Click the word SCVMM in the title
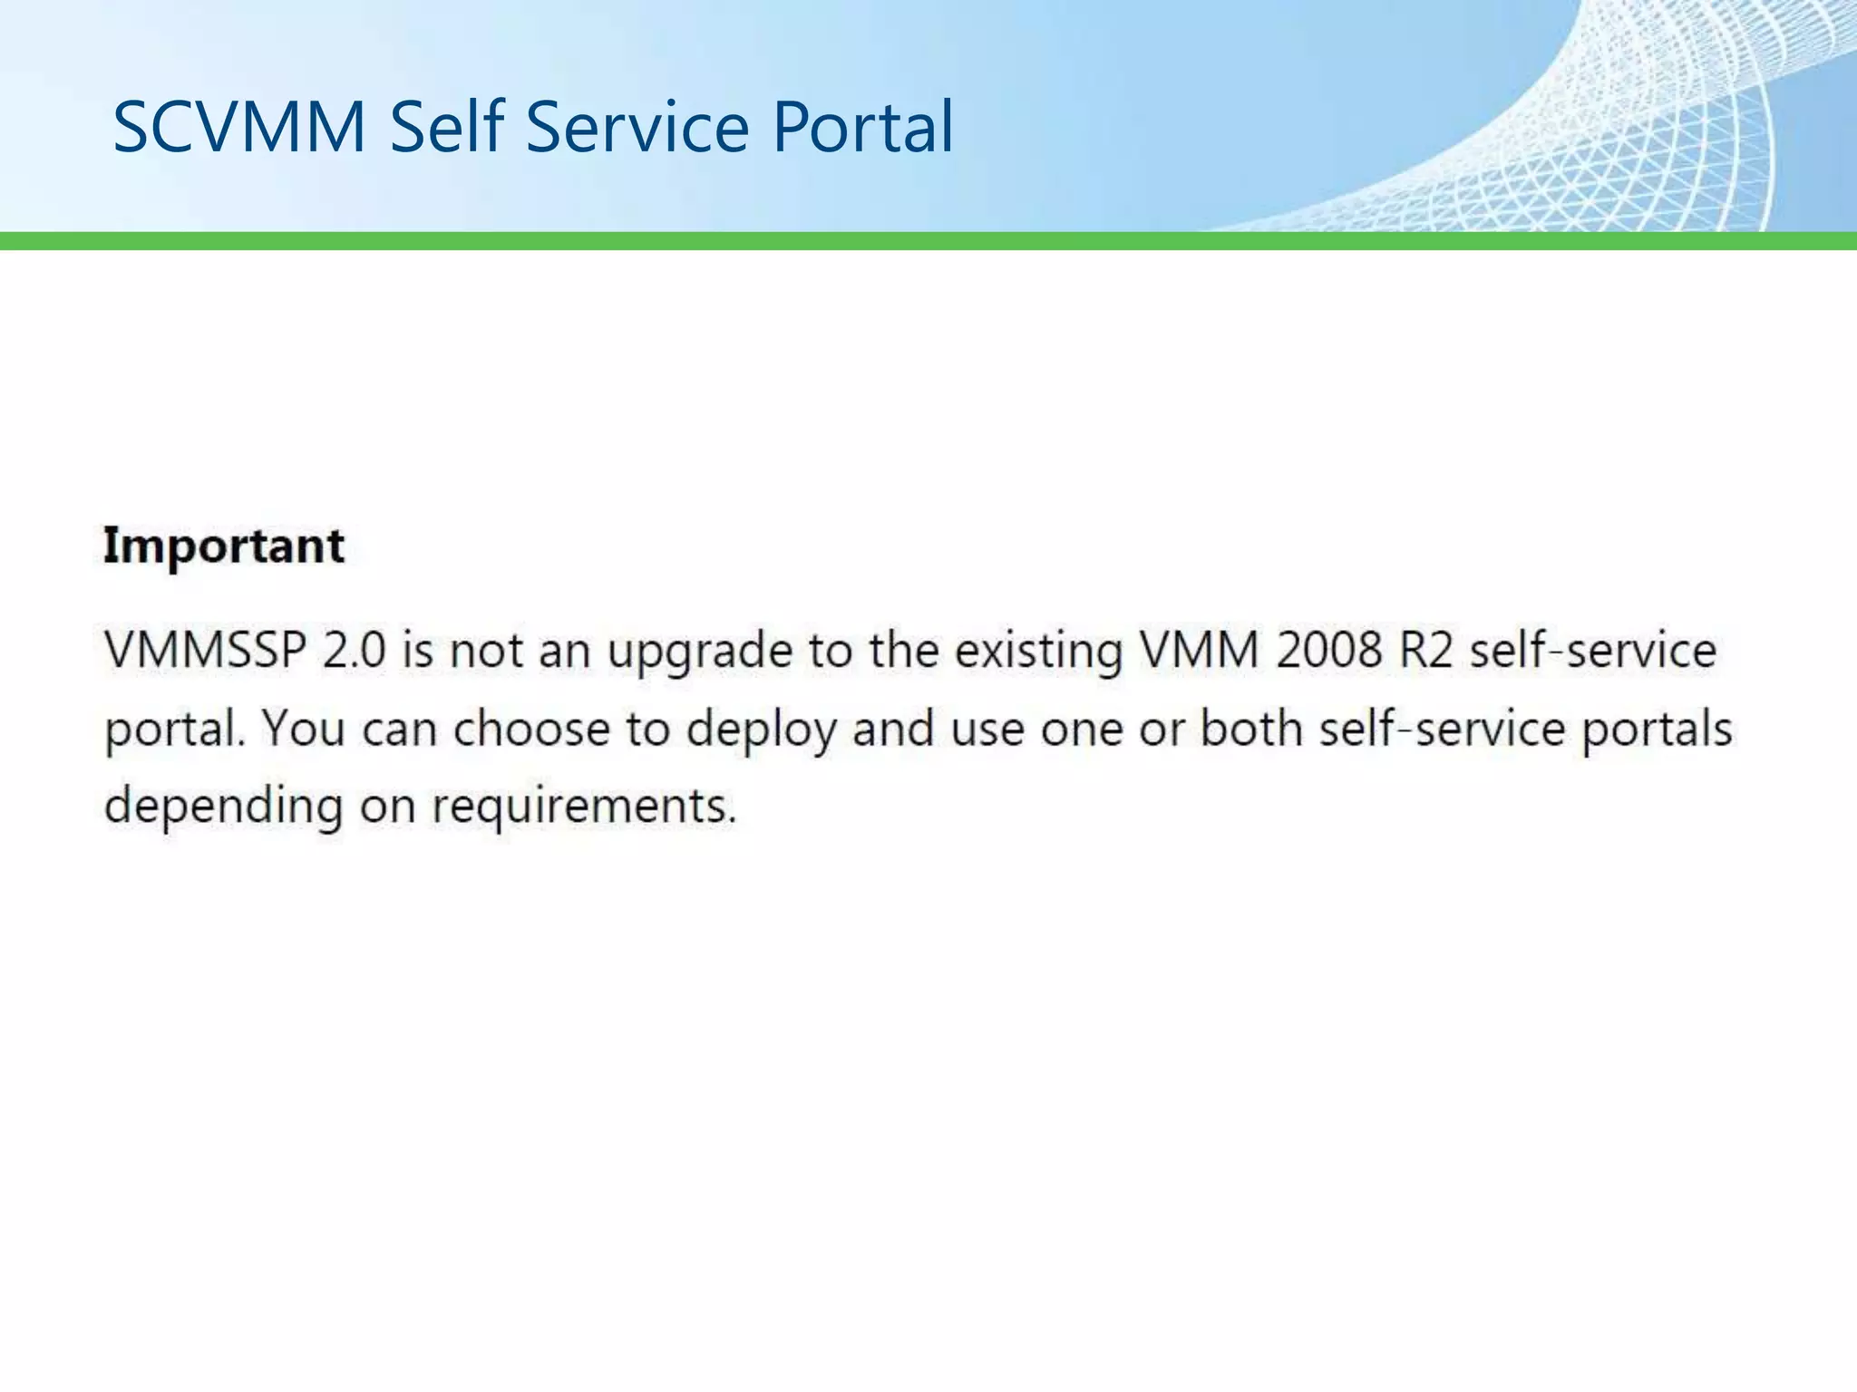pos(239,127)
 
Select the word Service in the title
pos(637,127)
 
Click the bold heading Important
pos(224,546)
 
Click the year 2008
pos(1329,651)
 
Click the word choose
pos(531,730)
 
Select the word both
pos(1251,729)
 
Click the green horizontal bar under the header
pos(928,241)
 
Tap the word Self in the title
pos(446,127)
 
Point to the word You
pos(304,729)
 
